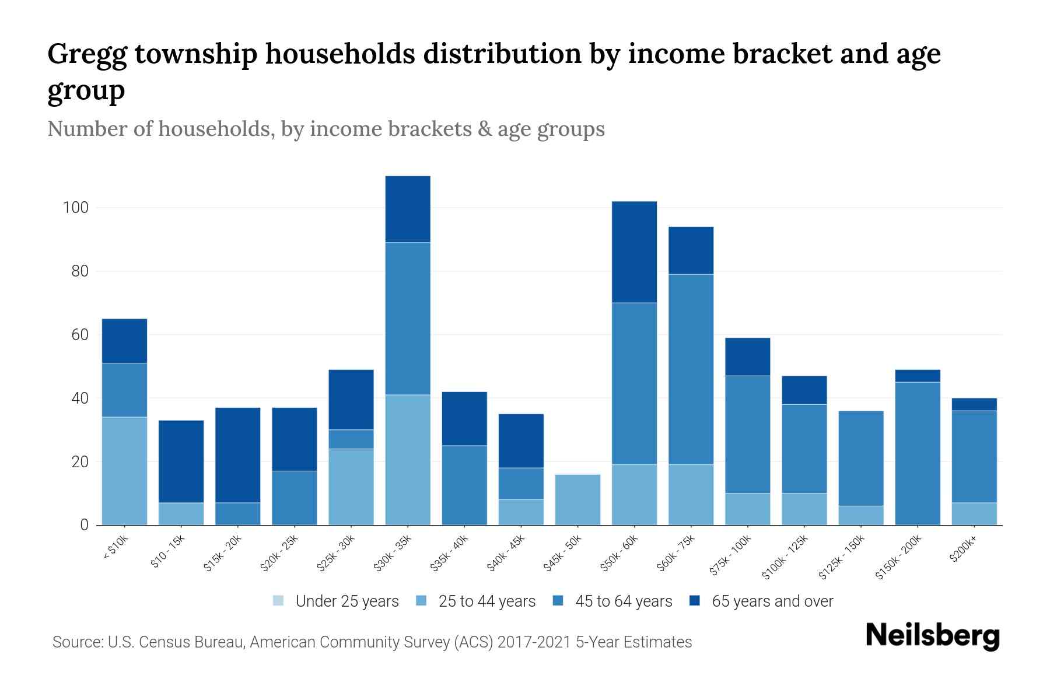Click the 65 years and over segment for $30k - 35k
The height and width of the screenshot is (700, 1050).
click(408, 209)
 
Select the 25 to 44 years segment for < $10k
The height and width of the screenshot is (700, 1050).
click(124, 471)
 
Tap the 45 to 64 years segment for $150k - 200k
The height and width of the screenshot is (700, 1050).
click(918, 453)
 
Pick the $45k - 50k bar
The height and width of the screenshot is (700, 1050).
click(577, 500)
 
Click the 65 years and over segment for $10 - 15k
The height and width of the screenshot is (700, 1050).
click(181, 461)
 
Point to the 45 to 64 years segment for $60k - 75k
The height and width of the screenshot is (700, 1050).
click(691, 369)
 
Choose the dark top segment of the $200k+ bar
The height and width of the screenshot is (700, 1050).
click(974, 404)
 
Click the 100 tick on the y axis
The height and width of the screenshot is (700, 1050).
click(75, 208)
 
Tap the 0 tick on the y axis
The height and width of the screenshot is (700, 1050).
click(85, 525)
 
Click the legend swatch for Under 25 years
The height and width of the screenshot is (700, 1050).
click(279, 601)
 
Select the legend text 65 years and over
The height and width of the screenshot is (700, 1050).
click(772, 601)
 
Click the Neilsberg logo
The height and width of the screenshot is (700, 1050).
click(932, 636)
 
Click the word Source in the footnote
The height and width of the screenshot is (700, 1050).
click(76, 642)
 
